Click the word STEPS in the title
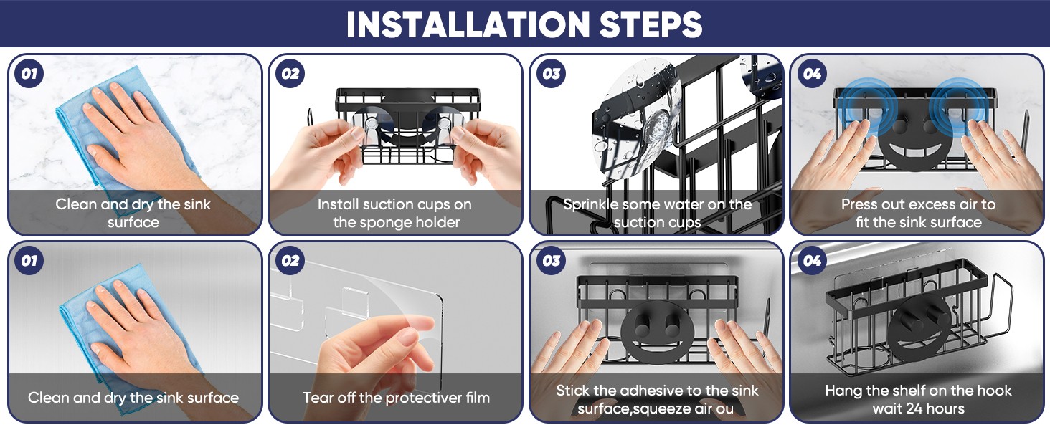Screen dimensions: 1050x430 (x=651, y=24)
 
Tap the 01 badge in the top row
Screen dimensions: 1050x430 (x=29, y=74)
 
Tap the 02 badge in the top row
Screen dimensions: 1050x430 (x=290, y=74)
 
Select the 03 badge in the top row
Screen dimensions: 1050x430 (x=552, y=74)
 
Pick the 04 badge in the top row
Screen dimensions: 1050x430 (x=812, y=74)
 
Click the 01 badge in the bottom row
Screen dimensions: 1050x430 (x=29, y=260)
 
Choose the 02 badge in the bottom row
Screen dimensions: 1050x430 (x=290, y=260)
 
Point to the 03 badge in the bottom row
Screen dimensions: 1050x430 (x=552, y=260)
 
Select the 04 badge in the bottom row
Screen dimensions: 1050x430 (x=812, y=260)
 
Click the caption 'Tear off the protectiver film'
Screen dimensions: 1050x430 (x=396, y=398)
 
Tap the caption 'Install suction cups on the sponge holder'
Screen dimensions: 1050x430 (x=395, y=213)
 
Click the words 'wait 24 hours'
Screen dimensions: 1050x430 (x=918, y=408)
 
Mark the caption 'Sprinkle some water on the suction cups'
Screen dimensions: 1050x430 (x=657, y=213)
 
